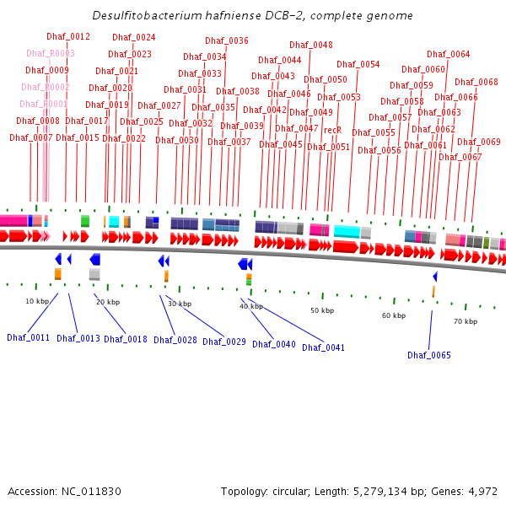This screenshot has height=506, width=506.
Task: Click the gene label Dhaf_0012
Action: tap(68, 37)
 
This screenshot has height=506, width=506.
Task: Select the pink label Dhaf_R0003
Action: tap(51, 54)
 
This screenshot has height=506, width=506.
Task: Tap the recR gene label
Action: tap(333, 131)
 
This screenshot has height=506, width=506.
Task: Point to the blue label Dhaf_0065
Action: tap(429, 356)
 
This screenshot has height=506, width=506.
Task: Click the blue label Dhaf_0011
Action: tap(29, 338)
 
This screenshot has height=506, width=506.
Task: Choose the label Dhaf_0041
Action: tap(324, 347)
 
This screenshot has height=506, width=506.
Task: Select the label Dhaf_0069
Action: tap(479, 143)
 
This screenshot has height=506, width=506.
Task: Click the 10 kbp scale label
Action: tap(37, 301)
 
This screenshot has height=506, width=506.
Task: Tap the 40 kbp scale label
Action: tap(250, 306)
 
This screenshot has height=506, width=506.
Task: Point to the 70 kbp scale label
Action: tap(466, 321)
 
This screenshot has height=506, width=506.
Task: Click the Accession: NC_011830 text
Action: tap(65, 491)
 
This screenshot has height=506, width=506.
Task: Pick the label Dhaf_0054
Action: tap(358, 65)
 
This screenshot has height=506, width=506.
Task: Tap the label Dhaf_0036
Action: tap(227, 41)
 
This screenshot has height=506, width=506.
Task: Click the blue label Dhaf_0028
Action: tap(175, 341)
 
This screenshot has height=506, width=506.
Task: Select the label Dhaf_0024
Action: tap(134, 38)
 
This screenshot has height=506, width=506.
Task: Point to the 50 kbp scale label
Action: tap(322, 310)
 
